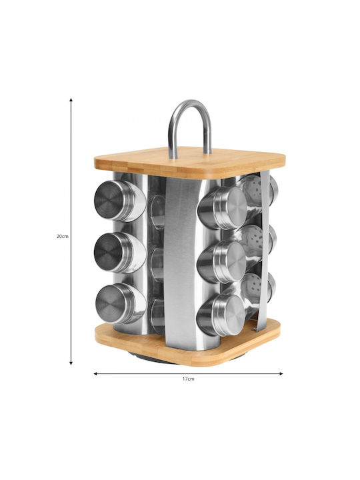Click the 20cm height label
tap(63, 236)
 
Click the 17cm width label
tap(188, 379)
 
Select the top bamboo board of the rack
tap(190, 163)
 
